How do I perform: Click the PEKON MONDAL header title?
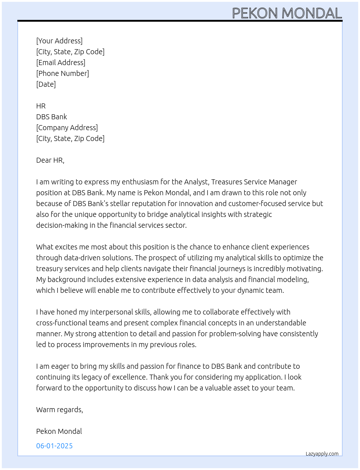287,13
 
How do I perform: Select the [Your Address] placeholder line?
59,41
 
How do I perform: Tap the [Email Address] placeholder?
61,63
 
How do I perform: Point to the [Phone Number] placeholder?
63,73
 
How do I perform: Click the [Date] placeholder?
46,84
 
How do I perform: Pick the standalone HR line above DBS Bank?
41,106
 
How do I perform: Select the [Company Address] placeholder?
67,128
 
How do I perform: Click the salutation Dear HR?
50,160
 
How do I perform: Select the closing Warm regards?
60,410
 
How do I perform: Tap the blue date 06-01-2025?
55,446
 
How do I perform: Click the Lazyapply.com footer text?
322,454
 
